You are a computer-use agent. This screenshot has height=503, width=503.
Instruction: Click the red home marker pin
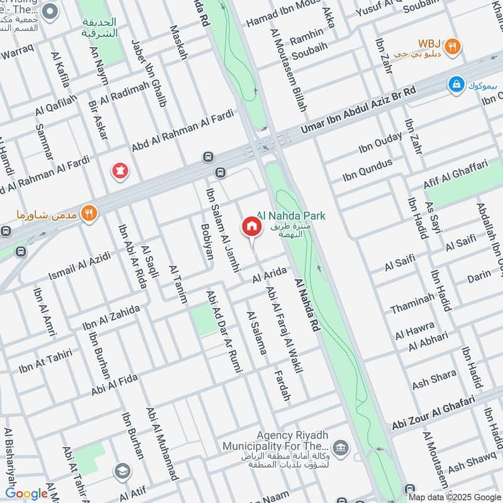pos(251,226)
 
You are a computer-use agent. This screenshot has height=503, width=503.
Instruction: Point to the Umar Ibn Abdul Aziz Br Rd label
pos(358,111)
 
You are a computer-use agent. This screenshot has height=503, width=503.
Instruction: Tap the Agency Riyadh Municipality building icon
pos(340,447)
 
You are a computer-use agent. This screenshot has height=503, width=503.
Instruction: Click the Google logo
pos(26,494)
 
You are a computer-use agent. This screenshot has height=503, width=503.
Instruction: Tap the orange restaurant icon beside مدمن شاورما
pos(90,214)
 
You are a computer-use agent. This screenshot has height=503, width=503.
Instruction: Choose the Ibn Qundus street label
pos(368,170)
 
